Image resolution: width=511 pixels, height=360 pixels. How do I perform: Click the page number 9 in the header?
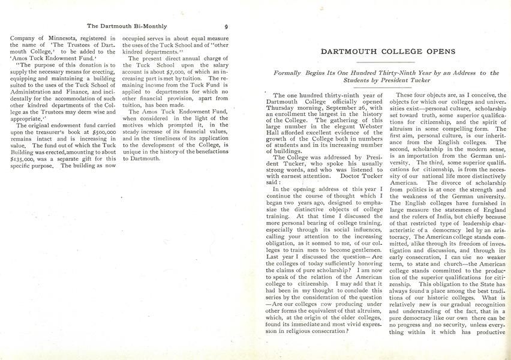tap(226, 26)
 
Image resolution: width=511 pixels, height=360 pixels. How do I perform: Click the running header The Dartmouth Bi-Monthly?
tap(127, 26)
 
